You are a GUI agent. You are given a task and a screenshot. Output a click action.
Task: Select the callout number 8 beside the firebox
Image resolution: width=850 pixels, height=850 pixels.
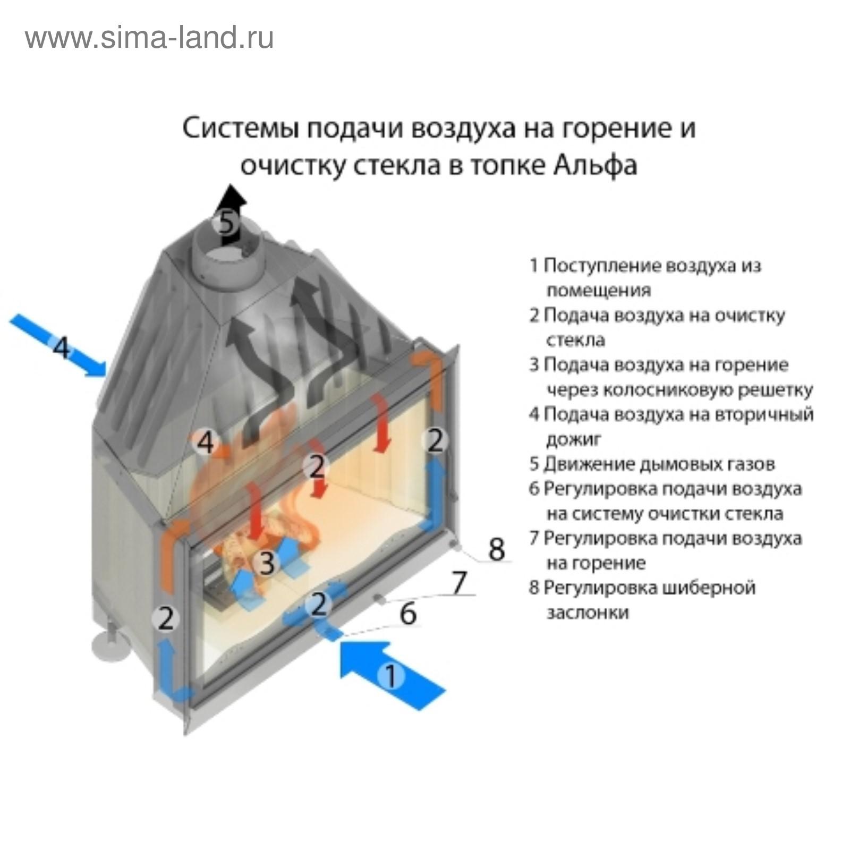[x=496, y=549]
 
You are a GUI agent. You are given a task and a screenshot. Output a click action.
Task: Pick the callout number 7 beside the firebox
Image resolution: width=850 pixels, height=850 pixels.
[x=458, y=582]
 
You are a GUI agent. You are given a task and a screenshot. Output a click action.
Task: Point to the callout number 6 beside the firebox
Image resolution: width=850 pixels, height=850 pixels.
[x=407, y=614]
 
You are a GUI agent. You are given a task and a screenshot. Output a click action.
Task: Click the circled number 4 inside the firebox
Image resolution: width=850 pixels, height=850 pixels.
[x=206, y=442]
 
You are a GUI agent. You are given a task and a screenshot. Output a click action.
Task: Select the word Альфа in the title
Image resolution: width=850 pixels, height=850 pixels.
[x=595, y=165]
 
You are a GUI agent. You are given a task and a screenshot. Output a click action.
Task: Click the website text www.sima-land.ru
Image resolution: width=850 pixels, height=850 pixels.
[x=150, y=38]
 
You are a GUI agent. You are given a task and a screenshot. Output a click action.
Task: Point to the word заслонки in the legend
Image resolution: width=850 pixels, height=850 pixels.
[x=588, y=613]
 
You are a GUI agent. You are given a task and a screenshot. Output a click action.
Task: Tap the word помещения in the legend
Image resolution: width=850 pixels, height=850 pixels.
[x=599, y=291]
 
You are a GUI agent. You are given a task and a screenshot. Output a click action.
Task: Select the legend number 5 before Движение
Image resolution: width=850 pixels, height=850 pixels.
[x=534, y=464]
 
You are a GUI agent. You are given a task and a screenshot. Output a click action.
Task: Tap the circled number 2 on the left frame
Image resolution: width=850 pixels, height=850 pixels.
[x=166, y=618]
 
